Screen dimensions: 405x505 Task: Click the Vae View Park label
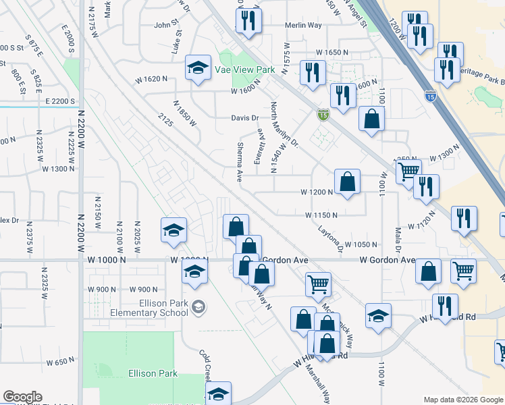245,70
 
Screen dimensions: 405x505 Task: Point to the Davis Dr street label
245,118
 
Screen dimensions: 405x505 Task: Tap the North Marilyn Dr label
284,128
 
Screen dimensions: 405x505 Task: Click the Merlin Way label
303,25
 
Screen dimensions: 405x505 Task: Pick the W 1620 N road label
151,79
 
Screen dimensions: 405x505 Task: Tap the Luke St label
177,45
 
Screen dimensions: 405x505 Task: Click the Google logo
22,397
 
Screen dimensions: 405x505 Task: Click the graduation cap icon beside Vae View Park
198,68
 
